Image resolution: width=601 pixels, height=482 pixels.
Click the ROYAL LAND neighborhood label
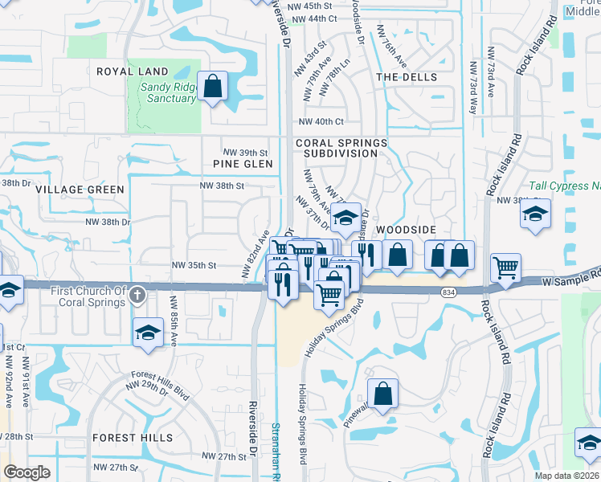point(133,71)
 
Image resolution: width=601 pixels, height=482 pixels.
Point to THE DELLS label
point(407,77)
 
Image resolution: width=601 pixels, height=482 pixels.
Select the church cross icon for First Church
point(137,294)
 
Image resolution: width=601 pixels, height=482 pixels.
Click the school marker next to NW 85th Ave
point(148,333)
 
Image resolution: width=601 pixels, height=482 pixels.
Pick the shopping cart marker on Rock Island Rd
point(505,268)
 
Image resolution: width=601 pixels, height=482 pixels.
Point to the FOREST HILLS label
point(133,438)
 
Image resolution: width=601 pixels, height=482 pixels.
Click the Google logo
point(27,472)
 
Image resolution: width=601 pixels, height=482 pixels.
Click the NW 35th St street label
point(194,264)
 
